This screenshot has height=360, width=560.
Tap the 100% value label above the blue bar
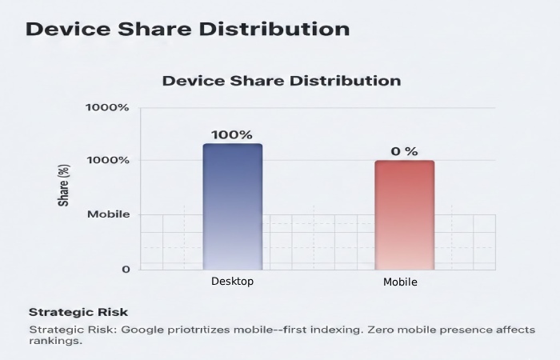click(x=232, y=134)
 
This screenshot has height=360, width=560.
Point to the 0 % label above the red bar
click(x=404, y=151)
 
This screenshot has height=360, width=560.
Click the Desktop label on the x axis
click(x=232, y=282)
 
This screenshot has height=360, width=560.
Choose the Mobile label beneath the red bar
click(x=400, y=282)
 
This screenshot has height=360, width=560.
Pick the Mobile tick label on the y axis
click(x=108, y=214)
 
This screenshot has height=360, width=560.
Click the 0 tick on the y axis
click(x=126, y=270)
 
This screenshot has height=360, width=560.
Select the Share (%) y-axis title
click(x=64, y=186)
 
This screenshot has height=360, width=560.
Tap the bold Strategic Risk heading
click(x=78, y=312)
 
